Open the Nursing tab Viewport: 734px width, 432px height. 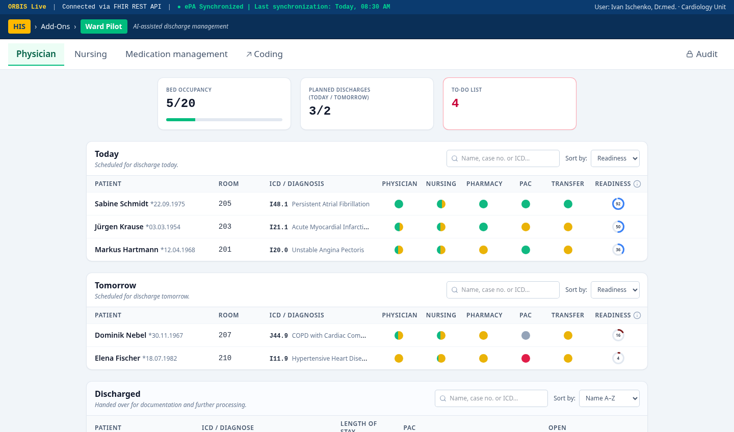pyautogui.click(x=90, y=54)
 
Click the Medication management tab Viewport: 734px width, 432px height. pyautogui.click(x=176, y=54)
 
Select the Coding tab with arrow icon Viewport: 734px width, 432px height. pyautogui.click(x=265, y=54)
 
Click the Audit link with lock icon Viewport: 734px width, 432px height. pyautogui.click(x=701, y=54)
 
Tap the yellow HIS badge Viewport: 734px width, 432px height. pyautogui.click(x=19, y=26)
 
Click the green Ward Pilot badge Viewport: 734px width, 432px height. pyautogui.click(x=104, y=26)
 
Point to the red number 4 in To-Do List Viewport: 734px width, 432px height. pyautogui.click(x=455, y=103)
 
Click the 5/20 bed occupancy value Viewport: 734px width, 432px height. pyautogui.click(x=180, y=103)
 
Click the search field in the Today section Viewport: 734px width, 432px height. pyautogui.click(x=503, y=158)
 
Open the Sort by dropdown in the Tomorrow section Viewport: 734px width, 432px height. pyautogui.click(x=615, y=290)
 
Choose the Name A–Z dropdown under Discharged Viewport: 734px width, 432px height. pyautogui.click(x=609, y=398)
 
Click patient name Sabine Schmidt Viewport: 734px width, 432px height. pyautogui.click(x=121, y=204)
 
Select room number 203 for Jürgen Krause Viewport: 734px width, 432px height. pyautogui.click(x=225, y=227)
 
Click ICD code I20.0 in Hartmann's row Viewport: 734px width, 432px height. pyautogui.click(x=278, y=250)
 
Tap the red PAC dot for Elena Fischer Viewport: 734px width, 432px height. pyautogui.click(x=526, y=358)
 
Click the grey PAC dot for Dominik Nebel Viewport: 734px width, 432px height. pyautogui.click(x=526, y=335)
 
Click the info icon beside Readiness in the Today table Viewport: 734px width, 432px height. pyautogui.click(x=637, y=184)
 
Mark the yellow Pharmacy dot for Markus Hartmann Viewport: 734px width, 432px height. pyautogui.click(x=483, y=250)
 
